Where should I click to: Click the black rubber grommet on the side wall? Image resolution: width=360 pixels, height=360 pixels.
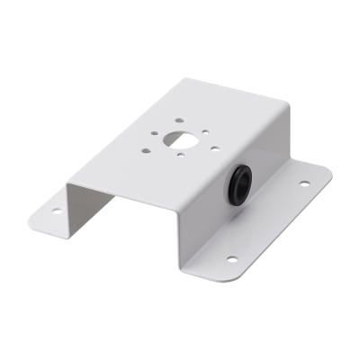(239, 184)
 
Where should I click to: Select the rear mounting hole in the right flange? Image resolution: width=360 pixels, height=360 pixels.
(303, 184)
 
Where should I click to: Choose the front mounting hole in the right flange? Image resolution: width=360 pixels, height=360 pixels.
(231, 259)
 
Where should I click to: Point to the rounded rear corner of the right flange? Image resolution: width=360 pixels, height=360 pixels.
(329, 174)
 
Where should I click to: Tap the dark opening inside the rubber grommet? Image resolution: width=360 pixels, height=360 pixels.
(240, 184)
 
